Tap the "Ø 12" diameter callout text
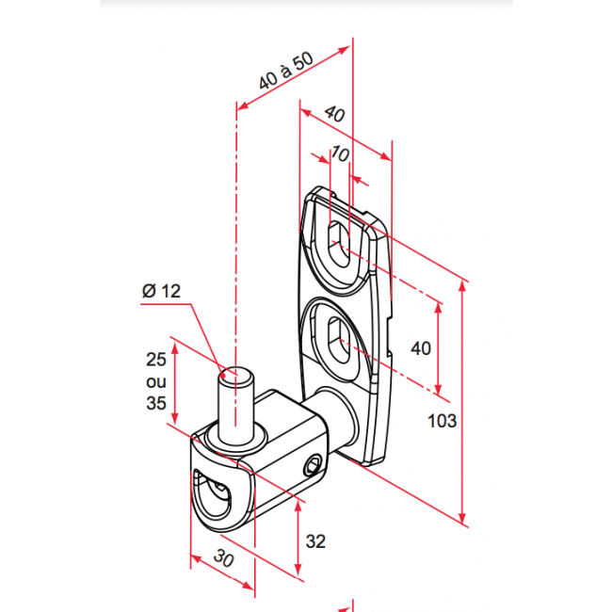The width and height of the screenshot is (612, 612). [161, 291]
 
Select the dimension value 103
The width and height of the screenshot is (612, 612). [442, 421]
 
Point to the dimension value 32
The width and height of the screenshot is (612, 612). [315, 541]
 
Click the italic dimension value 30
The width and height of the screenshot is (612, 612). [224, 557]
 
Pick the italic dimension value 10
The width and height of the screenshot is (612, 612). [340, 153]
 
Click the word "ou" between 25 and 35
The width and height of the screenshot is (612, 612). [156, 381]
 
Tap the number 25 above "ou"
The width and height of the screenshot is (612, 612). [156, 360]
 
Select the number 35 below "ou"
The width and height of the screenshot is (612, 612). [156, 403]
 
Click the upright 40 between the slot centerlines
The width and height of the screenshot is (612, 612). [421, 348]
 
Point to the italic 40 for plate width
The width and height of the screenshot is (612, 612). [335, 114]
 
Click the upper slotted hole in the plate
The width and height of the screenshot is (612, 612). [339, 245]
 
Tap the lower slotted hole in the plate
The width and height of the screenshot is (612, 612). [339, 340]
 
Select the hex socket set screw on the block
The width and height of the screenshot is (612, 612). [312, 466]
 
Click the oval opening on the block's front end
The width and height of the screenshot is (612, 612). [213, 495]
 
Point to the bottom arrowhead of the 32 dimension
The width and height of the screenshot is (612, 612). [298, 570]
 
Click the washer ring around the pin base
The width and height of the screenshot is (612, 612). [235, 438]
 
